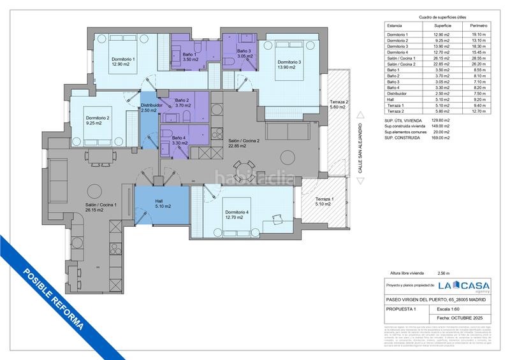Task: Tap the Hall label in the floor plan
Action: click(160, 203)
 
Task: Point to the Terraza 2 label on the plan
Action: click(339, 106)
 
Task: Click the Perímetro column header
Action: click(478, 25)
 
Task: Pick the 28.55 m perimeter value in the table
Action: click(478, 58)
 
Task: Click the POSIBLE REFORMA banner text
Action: click(52, 298)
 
